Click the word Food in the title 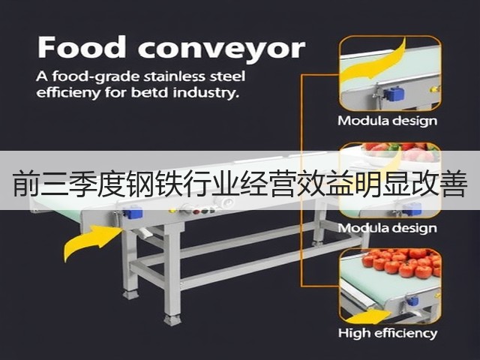coord(82,46)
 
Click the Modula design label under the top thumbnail coord(388,121)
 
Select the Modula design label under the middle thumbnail coord(388,228)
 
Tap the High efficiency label coord(388,333)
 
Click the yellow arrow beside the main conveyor coord(91,240)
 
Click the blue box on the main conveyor coord(133,212)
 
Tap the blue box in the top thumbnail coord(394,94)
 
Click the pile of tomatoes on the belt coord(402,262)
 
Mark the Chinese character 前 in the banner coord(26,184)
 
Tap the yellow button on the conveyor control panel coord(172,211)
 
